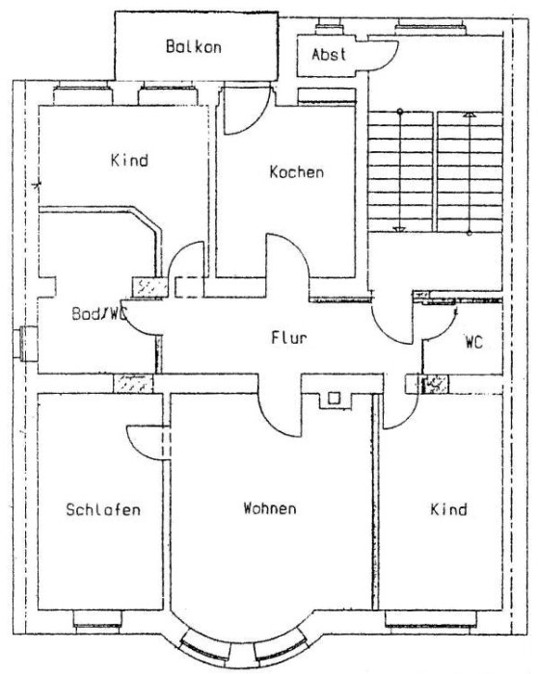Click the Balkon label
(194, 46)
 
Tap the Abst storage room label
(329, 54)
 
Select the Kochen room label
(297, 172)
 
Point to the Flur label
(289, 337)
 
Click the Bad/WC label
(99, 313)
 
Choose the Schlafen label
(103, 509)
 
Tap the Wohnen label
(270, 508)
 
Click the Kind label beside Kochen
(129, 161)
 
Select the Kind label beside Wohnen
(449, 509)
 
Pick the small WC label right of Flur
(473, 342)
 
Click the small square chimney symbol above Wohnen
(334, 399)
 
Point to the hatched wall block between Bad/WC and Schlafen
(133, 383)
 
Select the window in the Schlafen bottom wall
(97, 618)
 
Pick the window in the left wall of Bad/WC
(28, 344)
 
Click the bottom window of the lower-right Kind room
(431, 618)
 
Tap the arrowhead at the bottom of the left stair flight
(399, 229)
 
